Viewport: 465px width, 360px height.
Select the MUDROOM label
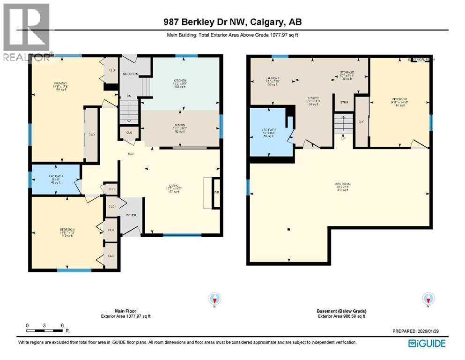[x=131, y=74]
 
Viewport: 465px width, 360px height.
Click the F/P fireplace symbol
[x=216, y=192]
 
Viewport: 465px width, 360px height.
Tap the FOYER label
[x=131, y=215]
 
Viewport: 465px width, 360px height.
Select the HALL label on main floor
[x=131, y=154]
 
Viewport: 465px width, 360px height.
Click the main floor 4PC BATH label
[x=55, y=176]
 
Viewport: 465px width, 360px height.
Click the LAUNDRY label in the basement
[x=272, y=78]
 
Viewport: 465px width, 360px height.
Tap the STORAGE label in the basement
[x=347, y=73]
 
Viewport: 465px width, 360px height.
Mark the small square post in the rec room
[x=289, y=229]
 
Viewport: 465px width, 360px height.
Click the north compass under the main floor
[x=215, y=298]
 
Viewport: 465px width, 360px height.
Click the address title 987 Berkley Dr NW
[x=232, y=22]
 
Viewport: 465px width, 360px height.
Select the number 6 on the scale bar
[x=62, y=325]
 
